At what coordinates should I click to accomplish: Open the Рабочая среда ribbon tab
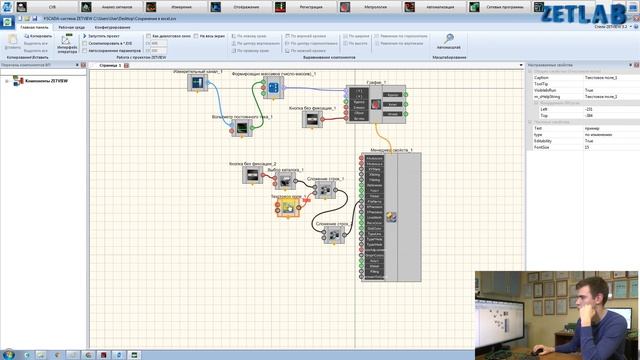click(x=71, y=27)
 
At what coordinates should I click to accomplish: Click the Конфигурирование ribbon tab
click(x=113, y=27)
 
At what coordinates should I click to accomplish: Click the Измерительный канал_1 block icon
click(x=196, y=83)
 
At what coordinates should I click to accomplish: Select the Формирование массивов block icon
click(x=272, y=89)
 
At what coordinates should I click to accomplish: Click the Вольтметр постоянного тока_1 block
click(x=240, y=128)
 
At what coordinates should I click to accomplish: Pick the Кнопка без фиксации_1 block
click(x=312, y=119)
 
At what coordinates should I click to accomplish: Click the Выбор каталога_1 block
click(x=286, y=182)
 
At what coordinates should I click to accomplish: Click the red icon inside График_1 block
click(x=376, y=103)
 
